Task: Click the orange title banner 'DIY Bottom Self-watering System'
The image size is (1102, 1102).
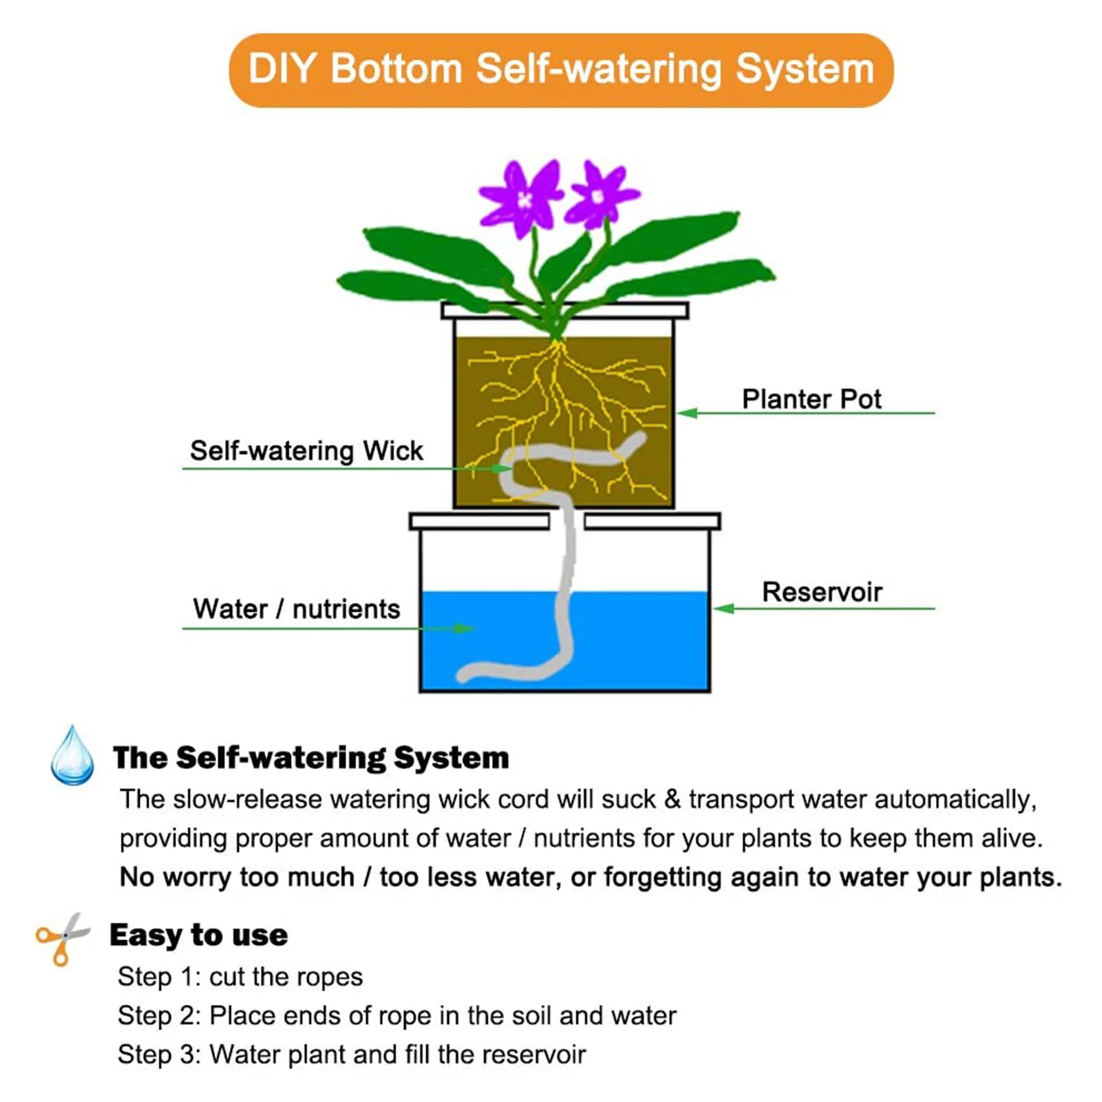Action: pyautogui.click(x=560, y=70)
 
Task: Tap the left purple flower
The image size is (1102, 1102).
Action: pyautogui.click(x=523, y=198)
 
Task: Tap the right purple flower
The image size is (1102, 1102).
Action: pyautogui.click(x=598, y=196)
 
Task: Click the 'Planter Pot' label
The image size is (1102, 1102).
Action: pyautogui.click(x=811, y=399)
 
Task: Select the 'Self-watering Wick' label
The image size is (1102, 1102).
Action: pyautogui.click(x=306, y=451)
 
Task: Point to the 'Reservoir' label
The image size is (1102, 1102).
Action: pyautogui.click(x=821, y=592)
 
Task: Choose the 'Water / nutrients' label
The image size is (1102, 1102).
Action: pyautogui.click(x=296, y=609)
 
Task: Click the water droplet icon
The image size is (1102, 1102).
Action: pyautogui.click(x=72, y=756)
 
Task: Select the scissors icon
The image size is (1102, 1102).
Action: pyautogui.click(x=62, y=938)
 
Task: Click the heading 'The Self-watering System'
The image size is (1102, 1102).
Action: pyautogui.click(x=311, y=758)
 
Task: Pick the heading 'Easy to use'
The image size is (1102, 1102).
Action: pyautogui.click(x=198, y=935)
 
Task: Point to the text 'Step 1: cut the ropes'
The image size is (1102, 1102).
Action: pyautogui.click(x=240, y=977)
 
